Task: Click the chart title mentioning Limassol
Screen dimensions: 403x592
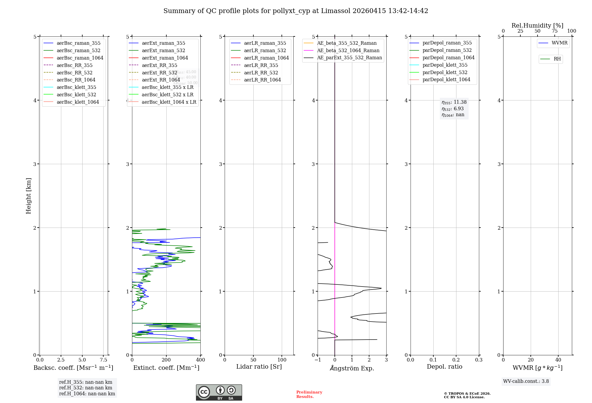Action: point(296,11)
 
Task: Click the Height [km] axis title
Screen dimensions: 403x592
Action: point(28,196)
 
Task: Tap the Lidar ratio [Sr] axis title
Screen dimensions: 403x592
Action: point(259,367)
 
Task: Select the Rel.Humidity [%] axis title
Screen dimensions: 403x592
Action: point(537,25)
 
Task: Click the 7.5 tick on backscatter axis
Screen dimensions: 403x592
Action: point(103,360)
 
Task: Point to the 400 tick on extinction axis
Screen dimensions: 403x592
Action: point(200,360)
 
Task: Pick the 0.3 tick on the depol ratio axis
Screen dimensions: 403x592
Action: point(479,360)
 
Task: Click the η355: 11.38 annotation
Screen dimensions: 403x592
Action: point(454,102)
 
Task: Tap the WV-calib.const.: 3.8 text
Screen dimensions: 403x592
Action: point(526,381)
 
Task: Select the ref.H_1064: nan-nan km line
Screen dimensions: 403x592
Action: point(87,394)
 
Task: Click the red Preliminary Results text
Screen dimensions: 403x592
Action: point(309,394)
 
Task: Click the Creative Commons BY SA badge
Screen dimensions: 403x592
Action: point(219,392)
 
